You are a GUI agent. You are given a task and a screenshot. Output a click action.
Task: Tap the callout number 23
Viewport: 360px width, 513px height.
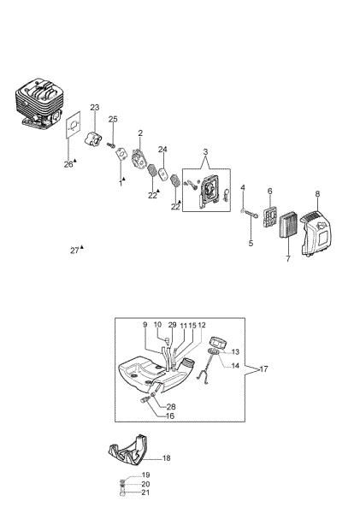tap(95, 108)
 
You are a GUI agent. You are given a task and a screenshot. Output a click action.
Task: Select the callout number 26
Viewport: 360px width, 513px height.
tap(68, 164)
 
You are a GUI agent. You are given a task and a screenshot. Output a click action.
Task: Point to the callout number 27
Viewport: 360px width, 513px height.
tap(75, 251)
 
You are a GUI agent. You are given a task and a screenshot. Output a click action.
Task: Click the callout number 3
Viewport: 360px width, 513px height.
tap(205, 151)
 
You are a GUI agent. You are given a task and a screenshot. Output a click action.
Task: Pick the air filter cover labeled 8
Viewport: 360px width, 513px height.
tap(313, 234)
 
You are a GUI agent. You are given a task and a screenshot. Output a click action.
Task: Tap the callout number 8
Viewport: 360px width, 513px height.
tap(317, 194)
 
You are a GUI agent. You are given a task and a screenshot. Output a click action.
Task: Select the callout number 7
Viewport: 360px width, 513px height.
tap(287, 258)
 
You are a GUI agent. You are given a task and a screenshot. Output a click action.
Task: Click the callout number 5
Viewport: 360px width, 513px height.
tap(251, 244)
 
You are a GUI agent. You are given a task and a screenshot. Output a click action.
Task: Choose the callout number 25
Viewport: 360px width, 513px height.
tap(113, 119)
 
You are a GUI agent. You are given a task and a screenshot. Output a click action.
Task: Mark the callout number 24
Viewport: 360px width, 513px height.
tap(162, 150)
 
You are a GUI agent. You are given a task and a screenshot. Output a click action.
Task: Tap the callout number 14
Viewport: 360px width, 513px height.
tap(235, 366)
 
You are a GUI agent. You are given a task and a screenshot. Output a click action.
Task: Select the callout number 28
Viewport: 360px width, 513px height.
tap(171, 407)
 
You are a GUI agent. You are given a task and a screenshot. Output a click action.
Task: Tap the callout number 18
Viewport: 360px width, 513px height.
tap(166, 458)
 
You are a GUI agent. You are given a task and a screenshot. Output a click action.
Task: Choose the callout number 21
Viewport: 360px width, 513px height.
tap(145, 493)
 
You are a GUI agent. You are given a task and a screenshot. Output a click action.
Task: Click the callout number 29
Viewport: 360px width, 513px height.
tap(172, 326)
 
